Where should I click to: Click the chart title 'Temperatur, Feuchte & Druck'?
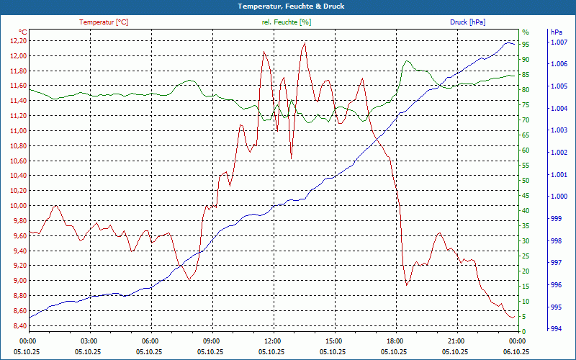[x=287, y=6]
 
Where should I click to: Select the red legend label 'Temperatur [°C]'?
[x=104, y=22]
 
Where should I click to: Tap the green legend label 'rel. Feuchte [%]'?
[x=287, y=22]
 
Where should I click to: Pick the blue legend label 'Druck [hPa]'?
[x=467, y=22]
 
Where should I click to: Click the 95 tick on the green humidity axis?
[x=526, y=44]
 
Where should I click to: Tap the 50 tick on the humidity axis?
[x=526, y=180]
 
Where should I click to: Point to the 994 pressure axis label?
[x=556, y=330]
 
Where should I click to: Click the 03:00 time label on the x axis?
[x=89, y=341]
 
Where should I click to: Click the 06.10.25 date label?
[x=517, y=351]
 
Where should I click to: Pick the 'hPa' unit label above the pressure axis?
[x=556, y=32]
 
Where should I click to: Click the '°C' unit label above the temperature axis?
[x=23, y=32]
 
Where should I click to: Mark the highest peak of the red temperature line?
[x=305, y=43]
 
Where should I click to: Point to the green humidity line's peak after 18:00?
[x=408, y=61]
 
